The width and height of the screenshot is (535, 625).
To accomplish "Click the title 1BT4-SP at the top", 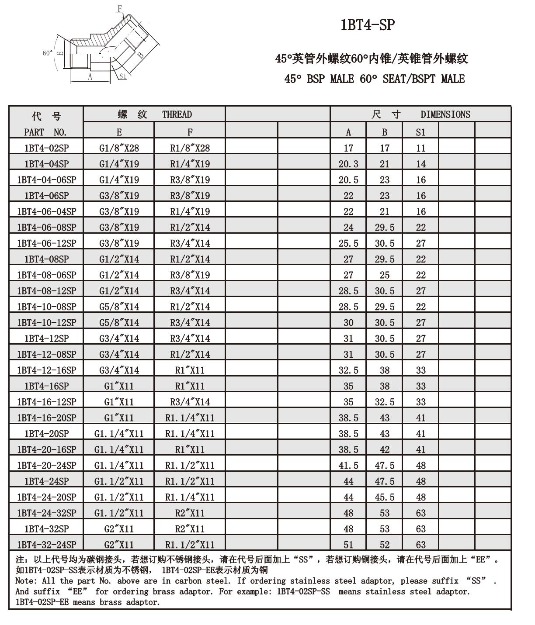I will [367, 25].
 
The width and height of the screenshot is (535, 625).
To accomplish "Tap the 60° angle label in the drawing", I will [48, 53].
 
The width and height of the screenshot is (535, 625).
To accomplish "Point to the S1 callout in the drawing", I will [123, 76].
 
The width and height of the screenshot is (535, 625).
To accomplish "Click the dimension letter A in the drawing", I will [90, 77].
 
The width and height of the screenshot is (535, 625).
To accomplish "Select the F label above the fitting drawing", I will [120, 8].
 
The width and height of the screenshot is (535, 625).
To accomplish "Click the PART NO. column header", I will [45, 132].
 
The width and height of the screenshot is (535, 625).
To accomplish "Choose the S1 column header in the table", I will [420, 132].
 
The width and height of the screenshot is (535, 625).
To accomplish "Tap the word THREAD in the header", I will [177, 114].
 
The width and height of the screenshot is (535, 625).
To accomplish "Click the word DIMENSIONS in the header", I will [445, 114].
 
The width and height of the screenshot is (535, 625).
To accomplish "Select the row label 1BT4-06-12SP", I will [46, 243].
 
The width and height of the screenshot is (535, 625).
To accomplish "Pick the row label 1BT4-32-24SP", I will [46, 545].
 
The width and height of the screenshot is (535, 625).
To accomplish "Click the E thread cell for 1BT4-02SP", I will [119, 148].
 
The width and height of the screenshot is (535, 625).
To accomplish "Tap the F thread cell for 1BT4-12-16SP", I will [190, 370].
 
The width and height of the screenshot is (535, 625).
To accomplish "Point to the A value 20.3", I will [348, 164].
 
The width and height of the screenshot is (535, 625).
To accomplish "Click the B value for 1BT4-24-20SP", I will [384, 497].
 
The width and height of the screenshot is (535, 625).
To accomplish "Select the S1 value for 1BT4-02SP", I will [420, 148].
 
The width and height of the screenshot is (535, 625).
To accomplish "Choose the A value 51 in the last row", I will [348, 545].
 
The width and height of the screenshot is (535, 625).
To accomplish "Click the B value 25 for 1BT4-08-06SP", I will [384, 275].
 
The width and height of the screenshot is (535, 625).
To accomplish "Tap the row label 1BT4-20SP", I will [46, 434].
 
